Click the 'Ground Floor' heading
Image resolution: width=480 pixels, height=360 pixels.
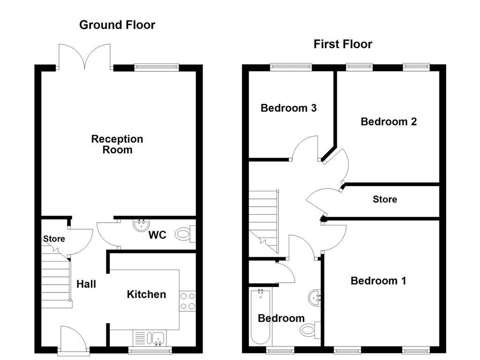coord(117,25)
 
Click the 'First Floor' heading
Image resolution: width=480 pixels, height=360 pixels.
coord(343,44)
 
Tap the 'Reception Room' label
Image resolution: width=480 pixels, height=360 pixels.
coord(117,144)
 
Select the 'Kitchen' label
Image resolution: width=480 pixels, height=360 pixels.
coord(146,294)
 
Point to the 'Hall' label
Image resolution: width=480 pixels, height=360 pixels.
coord(86,284)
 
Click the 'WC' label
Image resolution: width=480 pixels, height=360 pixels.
coord(157,235)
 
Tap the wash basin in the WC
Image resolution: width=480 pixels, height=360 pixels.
coord(140,225)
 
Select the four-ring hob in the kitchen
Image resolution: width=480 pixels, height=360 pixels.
coord(188,301)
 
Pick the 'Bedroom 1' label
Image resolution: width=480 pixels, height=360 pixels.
coord(378,281)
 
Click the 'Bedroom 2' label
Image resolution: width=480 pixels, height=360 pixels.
coord(389,122)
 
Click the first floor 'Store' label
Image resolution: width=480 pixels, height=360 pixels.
coord(385,200)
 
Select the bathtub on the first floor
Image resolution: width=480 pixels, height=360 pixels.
coord(260,317)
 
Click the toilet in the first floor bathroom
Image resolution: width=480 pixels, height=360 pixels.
coord(310,330)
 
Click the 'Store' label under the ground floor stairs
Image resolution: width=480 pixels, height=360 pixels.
coord(54,239)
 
